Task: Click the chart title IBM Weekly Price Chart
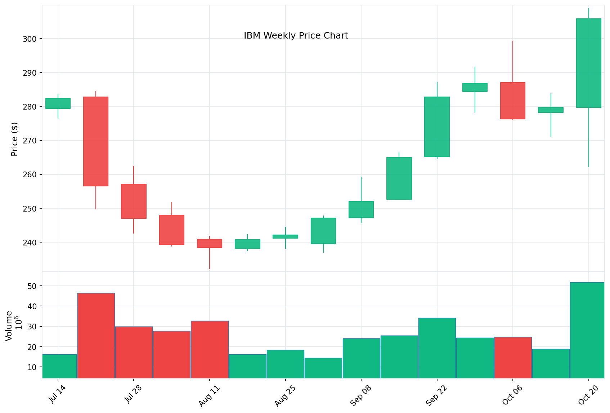[x=296, y=36]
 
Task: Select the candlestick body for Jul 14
[x=58, y=103]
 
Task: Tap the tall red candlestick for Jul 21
[x=96, y=141]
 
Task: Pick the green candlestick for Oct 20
[x=588, y=63]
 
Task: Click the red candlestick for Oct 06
[x=513, y=101]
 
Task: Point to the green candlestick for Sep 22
[x=437, y=127]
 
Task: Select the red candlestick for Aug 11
[x=210, y=243]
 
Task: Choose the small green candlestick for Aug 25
[x=285, y=236]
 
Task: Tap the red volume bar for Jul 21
[x=96, y=335]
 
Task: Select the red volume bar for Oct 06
[x=513, y=357]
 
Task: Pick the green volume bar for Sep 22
[x=437, y=348]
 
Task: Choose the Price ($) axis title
[x=14, y=139]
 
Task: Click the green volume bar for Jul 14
[x=59, y=366]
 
